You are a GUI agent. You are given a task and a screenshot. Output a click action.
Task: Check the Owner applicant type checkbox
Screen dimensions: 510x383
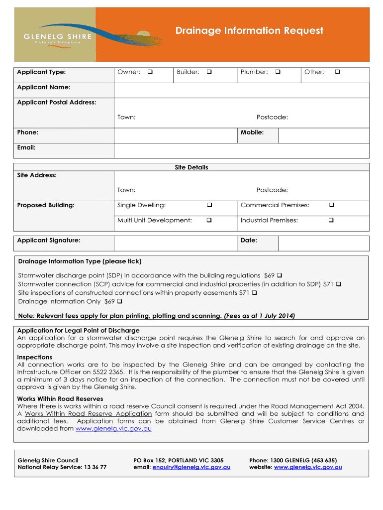click(x=150, y=72)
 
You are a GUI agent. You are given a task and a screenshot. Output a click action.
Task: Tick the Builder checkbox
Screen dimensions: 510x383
click(x=209, y=72)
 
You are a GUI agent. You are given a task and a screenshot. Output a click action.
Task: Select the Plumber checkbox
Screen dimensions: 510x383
click(x=278, y=72)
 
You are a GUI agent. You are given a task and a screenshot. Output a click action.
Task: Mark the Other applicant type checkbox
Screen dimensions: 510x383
click(x=337, y=72)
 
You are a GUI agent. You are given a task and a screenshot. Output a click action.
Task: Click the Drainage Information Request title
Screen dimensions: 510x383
click(x=249, y=31)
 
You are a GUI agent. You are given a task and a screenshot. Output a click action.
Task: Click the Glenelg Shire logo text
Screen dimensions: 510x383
click(x=58, y=36)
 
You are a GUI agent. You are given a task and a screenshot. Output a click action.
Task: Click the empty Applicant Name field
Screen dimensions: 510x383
click(x=242, y=90)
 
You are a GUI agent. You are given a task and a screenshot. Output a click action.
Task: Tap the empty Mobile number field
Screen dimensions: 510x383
click(x=323, y=135)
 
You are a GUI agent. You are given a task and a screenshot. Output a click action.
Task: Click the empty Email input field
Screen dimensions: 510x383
click(x=242, y=150)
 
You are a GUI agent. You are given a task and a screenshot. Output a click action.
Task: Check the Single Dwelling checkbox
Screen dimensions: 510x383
click(x=209, y=205)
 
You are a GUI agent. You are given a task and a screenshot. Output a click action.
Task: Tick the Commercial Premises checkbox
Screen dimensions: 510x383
click(x=332, y=205)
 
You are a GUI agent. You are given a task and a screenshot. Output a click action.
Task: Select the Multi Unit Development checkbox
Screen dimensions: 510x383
click(x=209, y=220)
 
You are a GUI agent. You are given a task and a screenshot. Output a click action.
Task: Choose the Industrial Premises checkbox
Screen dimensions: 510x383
click(x=332, y=220)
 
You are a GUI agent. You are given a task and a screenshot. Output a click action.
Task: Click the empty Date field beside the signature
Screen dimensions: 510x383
click(x=323, y=243)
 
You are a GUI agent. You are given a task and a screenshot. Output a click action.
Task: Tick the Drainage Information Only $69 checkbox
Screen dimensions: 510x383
click(x=120, y=301)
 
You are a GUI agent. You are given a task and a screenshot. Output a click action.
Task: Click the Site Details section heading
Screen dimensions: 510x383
click(x=191, y=167)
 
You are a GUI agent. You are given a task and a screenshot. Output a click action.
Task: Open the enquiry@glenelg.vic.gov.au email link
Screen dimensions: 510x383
click(x=191, y=467)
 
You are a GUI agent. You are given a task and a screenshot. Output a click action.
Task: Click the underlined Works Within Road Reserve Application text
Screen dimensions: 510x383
click(x=88, y=413)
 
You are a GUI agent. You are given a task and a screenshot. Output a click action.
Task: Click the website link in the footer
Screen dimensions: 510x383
click(x=308, y=467)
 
